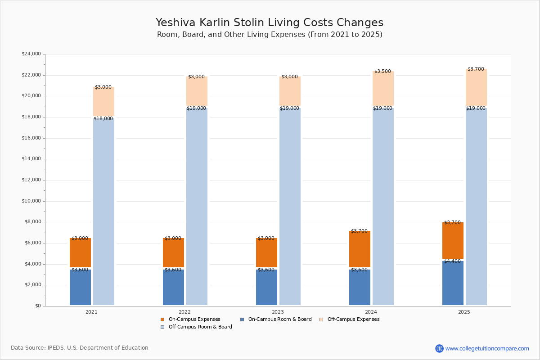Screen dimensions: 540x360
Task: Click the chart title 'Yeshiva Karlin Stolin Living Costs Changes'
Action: (x=269, y=22)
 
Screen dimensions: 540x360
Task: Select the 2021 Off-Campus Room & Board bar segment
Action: (x=103, y=211)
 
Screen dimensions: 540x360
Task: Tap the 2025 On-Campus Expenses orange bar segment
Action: (x=453, y=240)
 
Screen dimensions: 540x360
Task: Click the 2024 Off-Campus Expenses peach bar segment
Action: (x=383, y=88)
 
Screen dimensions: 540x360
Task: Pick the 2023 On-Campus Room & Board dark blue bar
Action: (x=266, y=288)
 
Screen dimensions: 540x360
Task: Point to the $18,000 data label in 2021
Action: (x=103, y=118)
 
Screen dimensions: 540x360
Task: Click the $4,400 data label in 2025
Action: (x=452, y=261)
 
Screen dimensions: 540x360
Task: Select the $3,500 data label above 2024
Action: (x=382, y=71)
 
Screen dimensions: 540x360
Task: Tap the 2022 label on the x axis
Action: (x=184, y=312)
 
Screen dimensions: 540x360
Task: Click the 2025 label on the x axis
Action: (x=464, y=312)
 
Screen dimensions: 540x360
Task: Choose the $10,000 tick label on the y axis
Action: (x=31, y=201)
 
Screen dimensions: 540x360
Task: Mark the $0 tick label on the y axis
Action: (x=38, y=306)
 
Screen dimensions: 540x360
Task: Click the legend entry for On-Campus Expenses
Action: (x=190, y=319)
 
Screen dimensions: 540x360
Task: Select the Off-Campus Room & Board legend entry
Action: (x=196, y=327)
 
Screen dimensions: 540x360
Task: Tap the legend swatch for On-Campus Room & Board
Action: (x=242, y=319)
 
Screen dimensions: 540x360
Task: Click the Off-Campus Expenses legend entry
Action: (x=350, y=319)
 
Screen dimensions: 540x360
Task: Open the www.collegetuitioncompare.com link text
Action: (x=487, y=348)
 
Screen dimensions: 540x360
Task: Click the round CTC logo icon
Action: (x=439, y=348)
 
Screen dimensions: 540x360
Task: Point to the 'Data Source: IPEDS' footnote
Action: (x=80, y=348)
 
